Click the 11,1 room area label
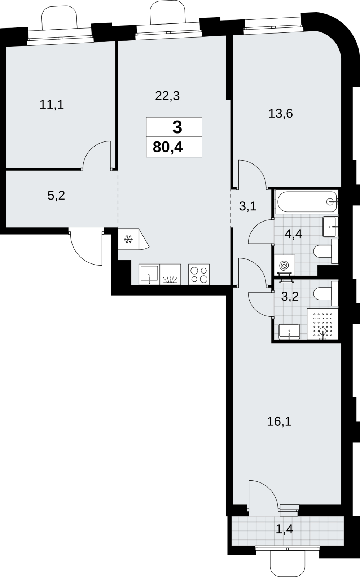coord(52,105)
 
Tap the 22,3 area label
coord(167,96)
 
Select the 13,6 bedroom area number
coord(280,113)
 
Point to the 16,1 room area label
coord(279,422)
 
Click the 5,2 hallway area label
coord(56,196)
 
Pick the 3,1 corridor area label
coord(248,206)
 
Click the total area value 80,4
coord(168,147)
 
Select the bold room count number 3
coord(177,127)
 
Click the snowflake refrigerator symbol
coord(128,240)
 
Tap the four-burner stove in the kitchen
coord(199,274)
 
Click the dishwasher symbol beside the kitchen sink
coord(170,274)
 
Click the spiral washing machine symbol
coord(285,265)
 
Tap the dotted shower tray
coord(322,324)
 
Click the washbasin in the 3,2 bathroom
coord(289,332)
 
